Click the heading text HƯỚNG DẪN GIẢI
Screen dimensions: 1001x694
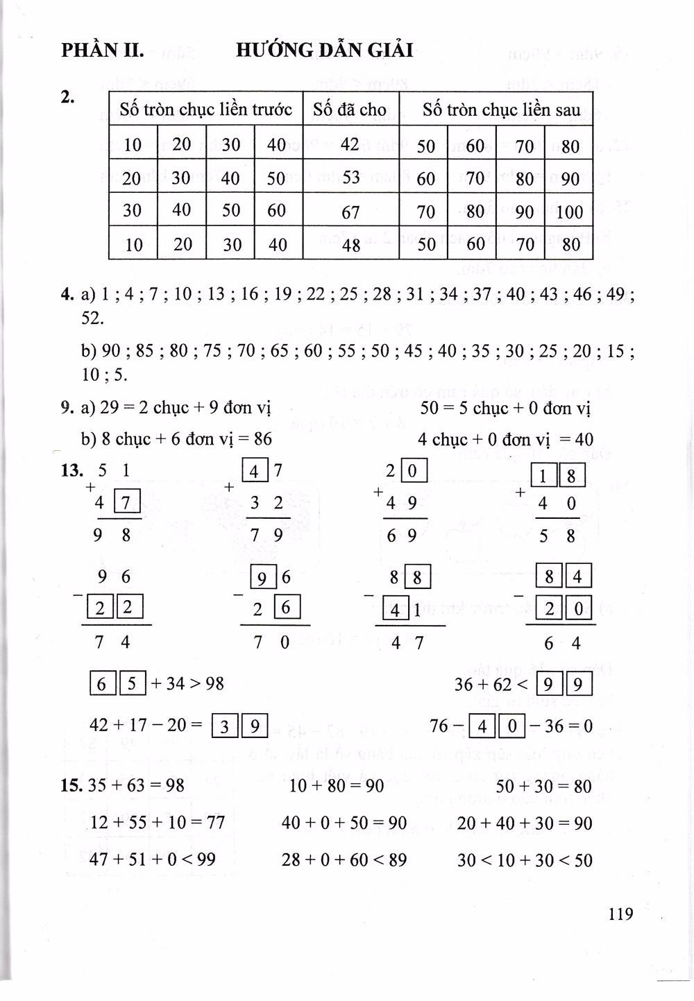[x=324, y=50]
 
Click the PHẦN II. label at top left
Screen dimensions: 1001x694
[x=102, y=50]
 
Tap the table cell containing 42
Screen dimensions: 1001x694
[x=350, y=144]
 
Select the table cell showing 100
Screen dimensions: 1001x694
[x=569, y=212]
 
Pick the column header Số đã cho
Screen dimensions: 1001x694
[x=350, y=109]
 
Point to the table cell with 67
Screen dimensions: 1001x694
[x=350, y=212]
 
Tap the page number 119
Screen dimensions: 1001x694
[x=620, y=914]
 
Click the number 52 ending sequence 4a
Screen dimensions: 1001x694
[x=92, y=318]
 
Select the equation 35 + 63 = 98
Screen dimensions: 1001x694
[x=133, y=786]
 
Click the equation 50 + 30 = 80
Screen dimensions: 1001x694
[x=544, y=786]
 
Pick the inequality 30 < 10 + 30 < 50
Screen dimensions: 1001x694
[x=525, y=860]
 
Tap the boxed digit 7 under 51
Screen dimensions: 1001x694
[x=126, y=502]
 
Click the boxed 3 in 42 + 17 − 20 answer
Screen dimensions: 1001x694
[x=224, y=726]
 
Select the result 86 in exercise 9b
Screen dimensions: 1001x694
[x=263, y=439]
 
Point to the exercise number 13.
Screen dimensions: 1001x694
[x=71, y=471]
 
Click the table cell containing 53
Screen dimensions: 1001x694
[x=350, y=177]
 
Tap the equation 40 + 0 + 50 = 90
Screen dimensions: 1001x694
[x=344, y=823]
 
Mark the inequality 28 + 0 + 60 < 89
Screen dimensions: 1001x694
[x=344, y=860]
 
